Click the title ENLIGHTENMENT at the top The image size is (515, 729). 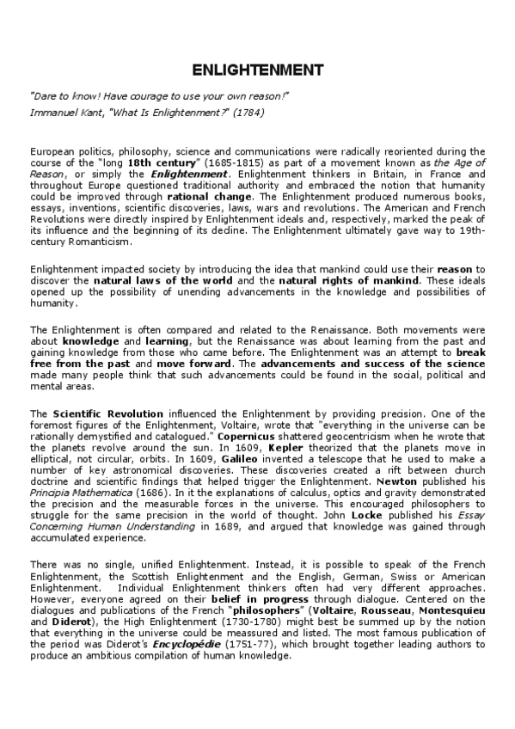click(257, 69)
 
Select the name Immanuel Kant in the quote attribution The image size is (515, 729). click(63, 113)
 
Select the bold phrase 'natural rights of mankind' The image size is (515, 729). click(365, 281)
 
